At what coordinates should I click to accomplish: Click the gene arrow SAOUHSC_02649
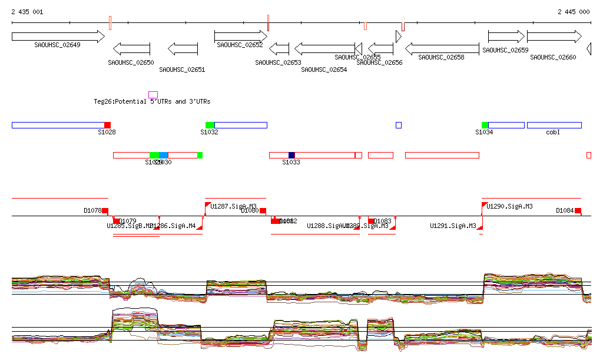click(x=58, y=37)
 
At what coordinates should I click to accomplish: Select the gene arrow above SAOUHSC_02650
click(x=131, y=48)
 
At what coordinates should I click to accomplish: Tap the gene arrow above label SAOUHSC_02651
click(x=183, y=48)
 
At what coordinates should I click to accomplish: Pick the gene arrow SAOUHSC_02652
click(x=240, y=36)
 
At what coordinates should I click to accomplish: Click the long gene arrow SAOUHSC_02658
click(x=442, y=48)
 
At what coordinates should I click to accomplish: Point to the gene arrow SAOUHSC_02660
click(x=554, y=37)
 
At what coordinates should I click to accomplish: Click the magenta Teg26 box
click(x=153, y=94)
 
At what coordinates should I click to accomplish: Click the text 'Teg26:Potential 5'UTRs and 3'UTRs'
click(x=152, y=102)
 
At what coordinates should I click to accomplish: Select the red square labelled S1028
click(x=107, y=125)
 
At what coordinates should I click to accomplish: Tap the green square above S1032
click(x=210, y=125)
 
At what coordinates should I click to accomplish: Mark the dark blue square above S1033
click(x=291, y=155)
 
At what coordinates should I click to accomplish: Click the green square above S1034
click(x=485, y=125)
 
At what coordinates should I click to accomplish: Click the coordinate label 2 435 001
click(x=26, y=12)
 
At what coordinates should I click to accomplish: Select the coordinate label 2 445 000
click(x=574, y=12)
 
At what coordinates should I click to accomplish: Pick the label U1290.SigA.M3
click(x=510, y=206)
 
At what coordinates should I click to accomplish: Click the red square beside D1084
click(x=578, y=210)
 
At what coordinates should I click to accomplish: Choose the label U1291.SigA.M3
click(x=453, y=226)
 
